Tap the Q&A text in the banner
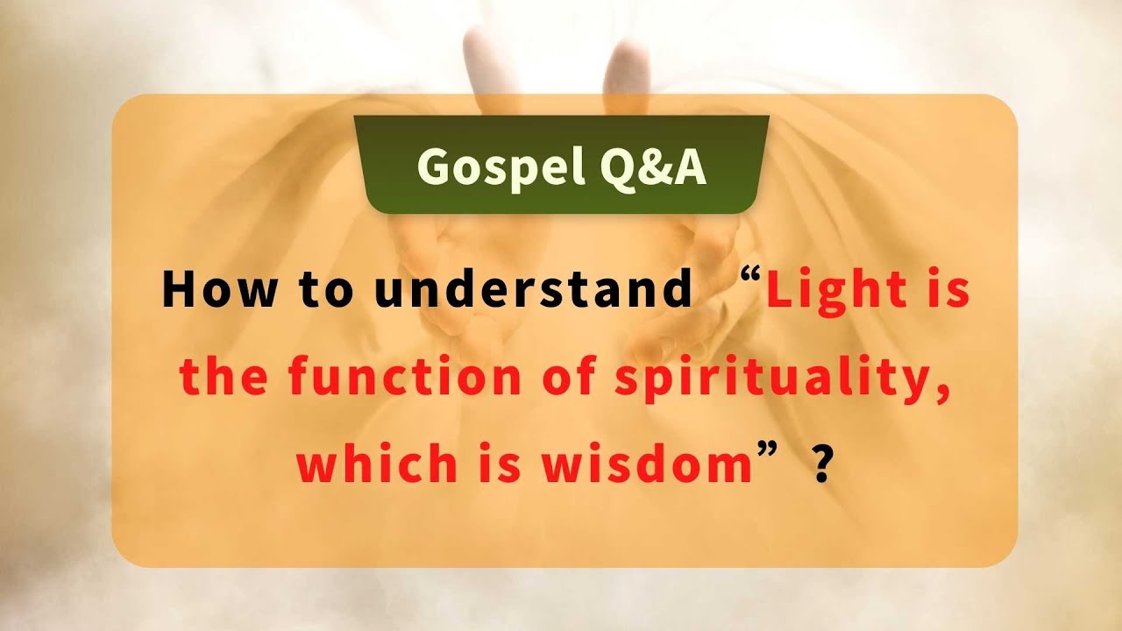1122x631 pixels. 654,166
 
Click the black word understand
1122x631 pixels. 533,288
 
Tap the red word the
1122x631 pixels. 223,378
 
